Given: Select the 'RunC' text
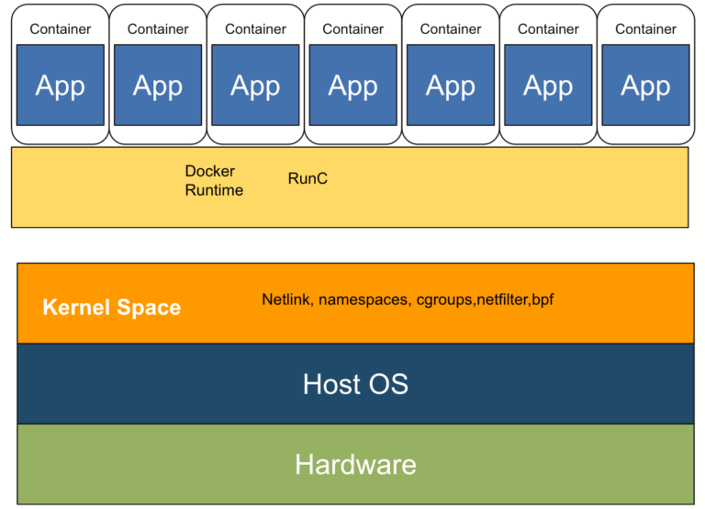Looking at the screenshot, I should pyautogui.click(x=308, y=178).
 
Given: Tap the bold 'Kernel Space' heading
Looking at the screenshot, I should pyautogui.click(x=111, y=307).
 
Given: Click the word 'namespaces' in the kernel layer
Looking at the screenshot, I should pyautogui.click(x=364, y=300).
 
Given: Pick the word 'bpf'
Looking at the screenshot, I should pyautogui.click(x=543, y=300).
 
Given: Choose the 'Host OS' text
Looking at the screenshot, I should pyautogui.click(x=355, y=383).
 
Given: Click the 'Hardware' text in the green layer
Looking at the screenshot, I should pyautogui.click(x=355, y=464).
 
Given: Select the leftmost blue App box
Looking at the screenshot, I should pyautogui.click(x=61, y=85).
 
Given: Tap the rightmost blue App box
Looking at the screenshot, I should pyautogui.click(x=645, y=85).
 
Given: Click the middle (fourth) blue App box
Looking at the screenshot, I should pyautogui.click(x=353, y=85).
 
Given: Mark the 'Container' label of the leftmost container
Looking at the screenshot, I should pyautogui.click(x=61, y=28).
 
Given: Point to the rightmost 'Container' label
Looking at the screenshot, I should pyautogui.click(x=645, y=28).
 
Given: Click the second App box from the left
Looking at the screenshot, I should pyautogui.click(x=158, y=85).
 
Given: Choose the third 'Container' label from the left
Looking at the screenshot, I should pyautogui.click(x=255, y=28).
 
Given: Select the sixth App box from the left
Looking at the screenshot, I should pyautogui.click(x=548, y=85).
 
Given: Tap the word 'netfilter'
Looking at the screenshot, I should pyautogui.click(x=502, y=300).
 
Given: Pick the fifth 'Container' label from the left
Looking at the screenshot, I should pyautogui.click(x=451, y=28).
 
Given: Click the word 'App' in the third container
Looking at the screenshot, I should pyautogui.click(x=255, y=85).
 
